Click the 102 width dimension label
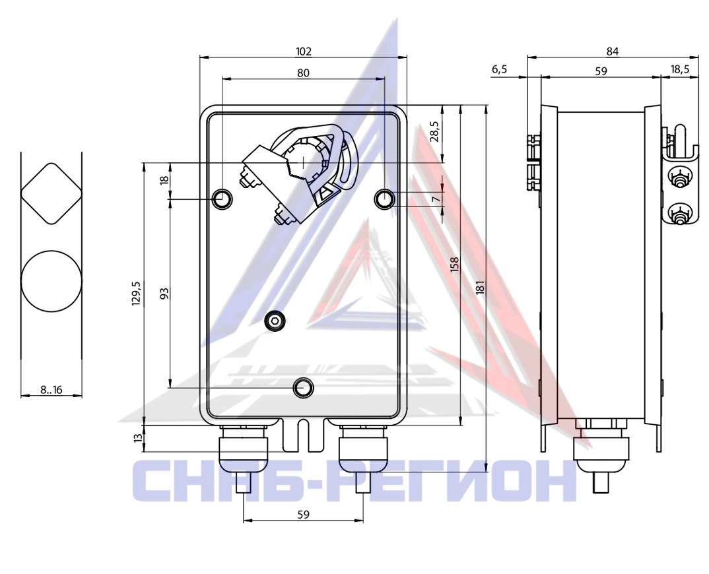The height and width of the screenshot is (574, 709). point(304,51)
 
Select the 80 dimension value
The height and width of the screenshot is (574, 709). point(304,73)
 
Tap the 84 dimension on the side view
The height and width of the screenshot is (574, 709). point(612,52)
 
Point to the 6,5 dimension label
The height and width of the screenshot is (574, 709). point(499,69)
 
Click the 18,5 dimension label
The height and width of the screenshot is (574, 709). point(680,69)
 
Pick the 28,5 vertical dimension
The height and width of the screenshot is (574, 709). point(435,131)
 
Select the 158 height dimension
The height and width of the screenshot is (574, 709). point(454,264)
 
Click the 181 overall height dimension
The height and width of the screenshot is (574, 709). point(480,288)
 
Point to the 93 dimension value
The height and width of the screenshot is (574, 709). point(164,294)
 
